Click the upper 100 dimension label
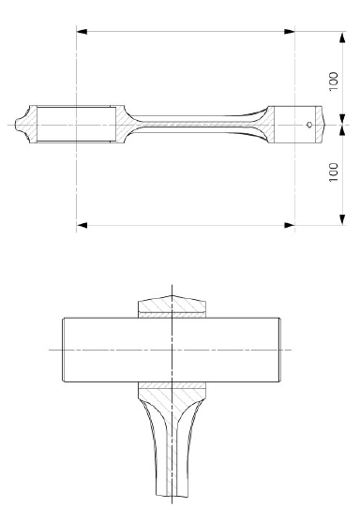pos(334,82)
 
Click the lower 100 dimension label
pos(334,172)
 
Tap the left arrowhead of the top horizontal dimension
pos(82,32)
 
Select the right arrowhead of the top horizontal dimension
pos(290,32)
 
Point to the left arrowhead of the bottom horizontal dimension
pos(82,225)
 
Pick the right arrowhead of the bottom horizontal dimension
pos(290,225)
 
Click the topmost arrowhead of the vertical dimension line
pos(342,37)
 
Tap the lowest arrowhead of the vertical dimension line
pos(342,219)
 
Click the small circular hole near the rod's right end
pos(309,125)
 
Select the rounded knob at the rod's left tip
pos(20,125)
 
